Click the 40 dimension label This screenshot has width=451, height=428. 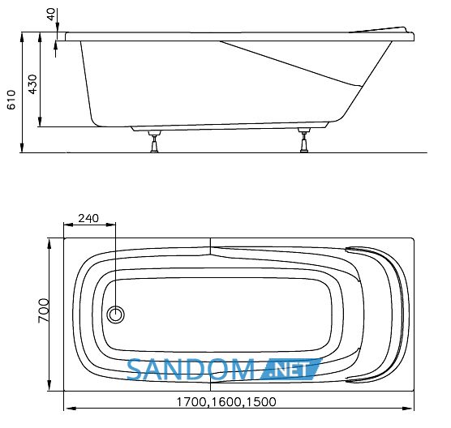click(x=51, y=14)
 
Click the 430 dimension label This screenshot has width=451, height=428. click(x=32, y=84)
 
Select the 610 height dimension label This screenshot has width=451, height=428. click(x=11, y=100)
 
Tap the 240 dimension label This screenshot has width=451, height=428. click(x=88, y=218)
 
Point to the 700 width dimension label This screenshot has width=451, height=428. click(x=44, y=310)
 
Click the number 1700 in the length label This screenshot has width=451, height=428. click(x=191, y=402)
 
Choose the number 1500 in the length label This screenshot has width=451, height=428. click(x=261, y=402)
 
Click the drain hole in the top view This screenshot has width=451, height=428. click(x=116, y=315)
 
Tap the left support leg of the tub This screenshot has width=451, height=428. click(x=154, y=141)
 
